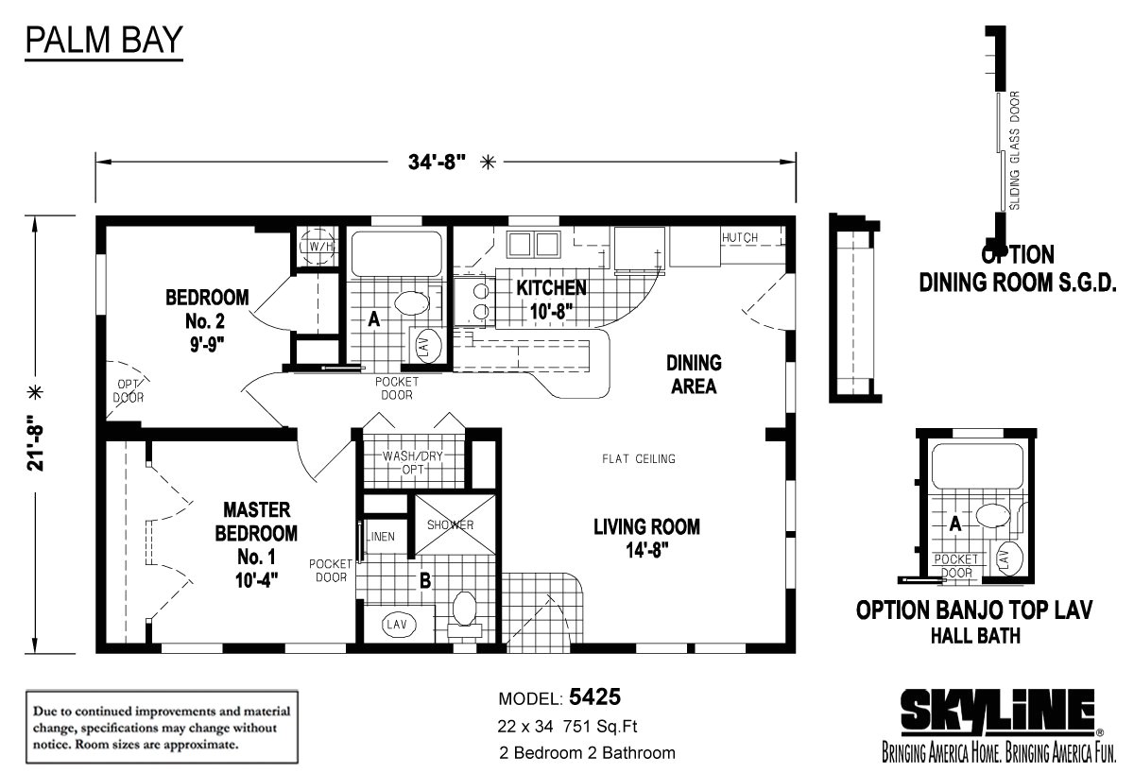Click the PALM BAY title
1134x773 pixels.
[104, 40]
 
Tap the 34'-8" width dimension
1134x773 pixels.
[437, 163]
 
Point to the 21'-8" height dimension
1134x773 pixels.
[36, 443]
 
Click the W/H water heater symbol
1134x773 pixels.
[318, 246]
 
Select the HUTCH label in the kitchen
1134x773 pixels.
[740, 237]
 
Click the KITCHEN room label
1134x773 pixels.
[551, 287]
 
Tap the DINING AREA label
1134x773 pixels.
[694, 374]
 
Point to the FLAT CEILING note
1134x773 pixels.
[639, 458]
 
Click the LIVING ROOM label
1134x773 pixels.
[647, 527]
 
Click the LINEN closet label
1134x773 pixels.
[381, 537]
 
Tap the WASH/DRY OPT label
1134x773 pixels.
[413, 463]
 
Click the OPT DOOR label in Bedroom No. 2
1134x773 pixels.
[129, 391]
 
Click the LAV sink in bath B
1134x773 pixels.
[397, 625]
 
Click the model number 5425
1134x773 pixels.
[594, 697]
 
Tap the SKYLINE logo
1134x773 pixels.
[997, 712]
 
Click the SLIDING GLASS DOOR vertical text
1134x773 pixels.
[1015, 150]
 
